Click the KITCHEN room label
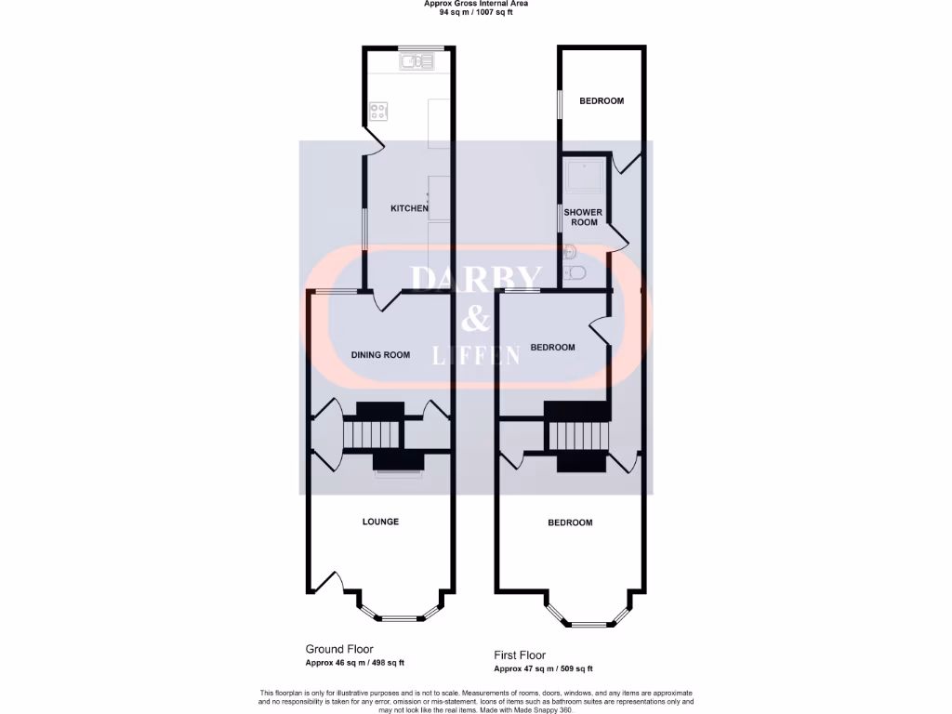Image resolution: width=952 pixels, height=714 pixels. pyautogui.click(x=408, y=208)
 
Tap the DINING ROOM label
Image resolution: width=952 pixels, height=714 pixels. pyautogui.click(x=380, y=354)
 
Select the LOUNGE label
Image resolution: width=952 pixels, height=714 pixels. pyautogui.click(x=380, y=522)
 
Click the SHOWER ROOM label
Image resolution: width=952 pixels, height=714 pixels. pyautogui.click(x=583, y=218)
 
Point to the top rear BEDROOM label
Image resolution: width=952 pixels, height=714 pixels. pyautogui.click(x=602, y=100)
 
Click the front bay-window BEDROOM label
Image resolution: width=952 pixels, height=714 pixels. pyautogui.click(x=570, y=522)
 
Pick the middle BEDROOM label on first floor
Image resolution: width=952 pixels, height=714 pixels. pyautogui.click(x=552, y=348)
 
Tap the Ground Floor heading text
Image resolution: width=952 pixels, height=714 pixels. pyautogui.click(x=339, y=649)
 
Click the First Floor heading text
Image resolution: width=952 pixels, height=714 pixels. pyautogui.click(x=520, y=655)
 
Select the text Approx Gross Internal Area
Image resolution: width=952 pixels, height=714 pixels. pyautogui.click(x=475, y=4)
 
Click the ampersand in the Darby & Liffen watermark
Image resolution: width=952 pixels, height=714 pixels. pyautogui.click(x=476, y=320)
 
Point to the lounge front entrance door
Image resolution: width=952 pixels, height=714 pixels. pyautogui.click(x=327, y=580)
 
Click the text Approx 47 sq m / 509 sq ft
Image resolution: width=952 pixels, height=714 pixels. pyautogui.click(x=543, y=668)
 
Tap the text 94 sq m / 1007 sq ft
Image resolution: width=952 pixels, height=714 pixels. pyautogui.click(x=475, y=13)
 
